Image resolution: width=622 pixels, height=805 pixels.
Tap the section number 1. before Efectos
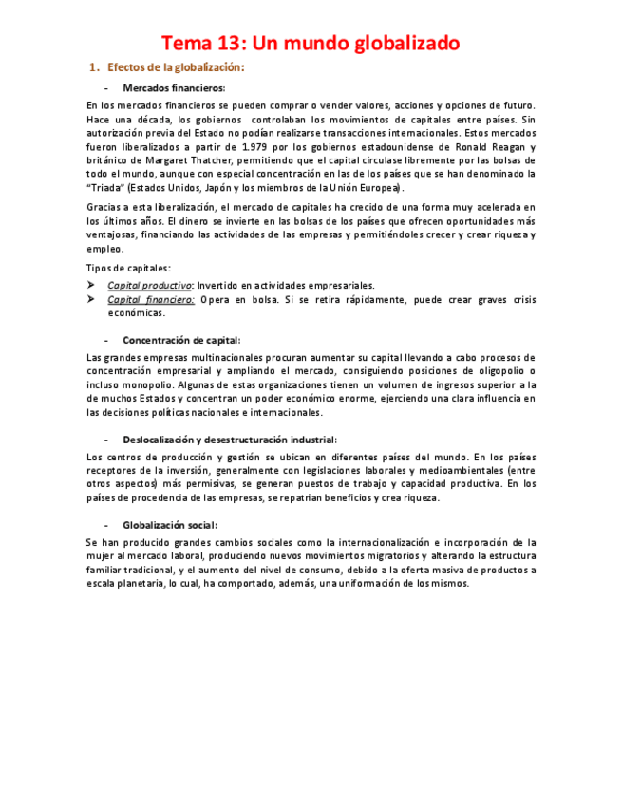point(93,68)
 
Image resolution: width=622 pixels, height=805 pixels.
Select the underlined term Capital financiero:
point(151,299)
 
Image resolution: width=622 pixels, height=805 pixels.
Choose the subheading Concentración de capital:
point(181,339)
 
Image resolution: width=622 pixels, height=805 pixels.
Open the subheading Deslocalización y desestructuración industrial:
point(229,439)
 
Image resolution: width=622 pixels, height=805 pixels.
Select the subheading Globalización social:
point(169,524)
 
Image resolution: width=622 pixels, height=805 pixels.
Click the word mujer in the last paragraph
point(100,555)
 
